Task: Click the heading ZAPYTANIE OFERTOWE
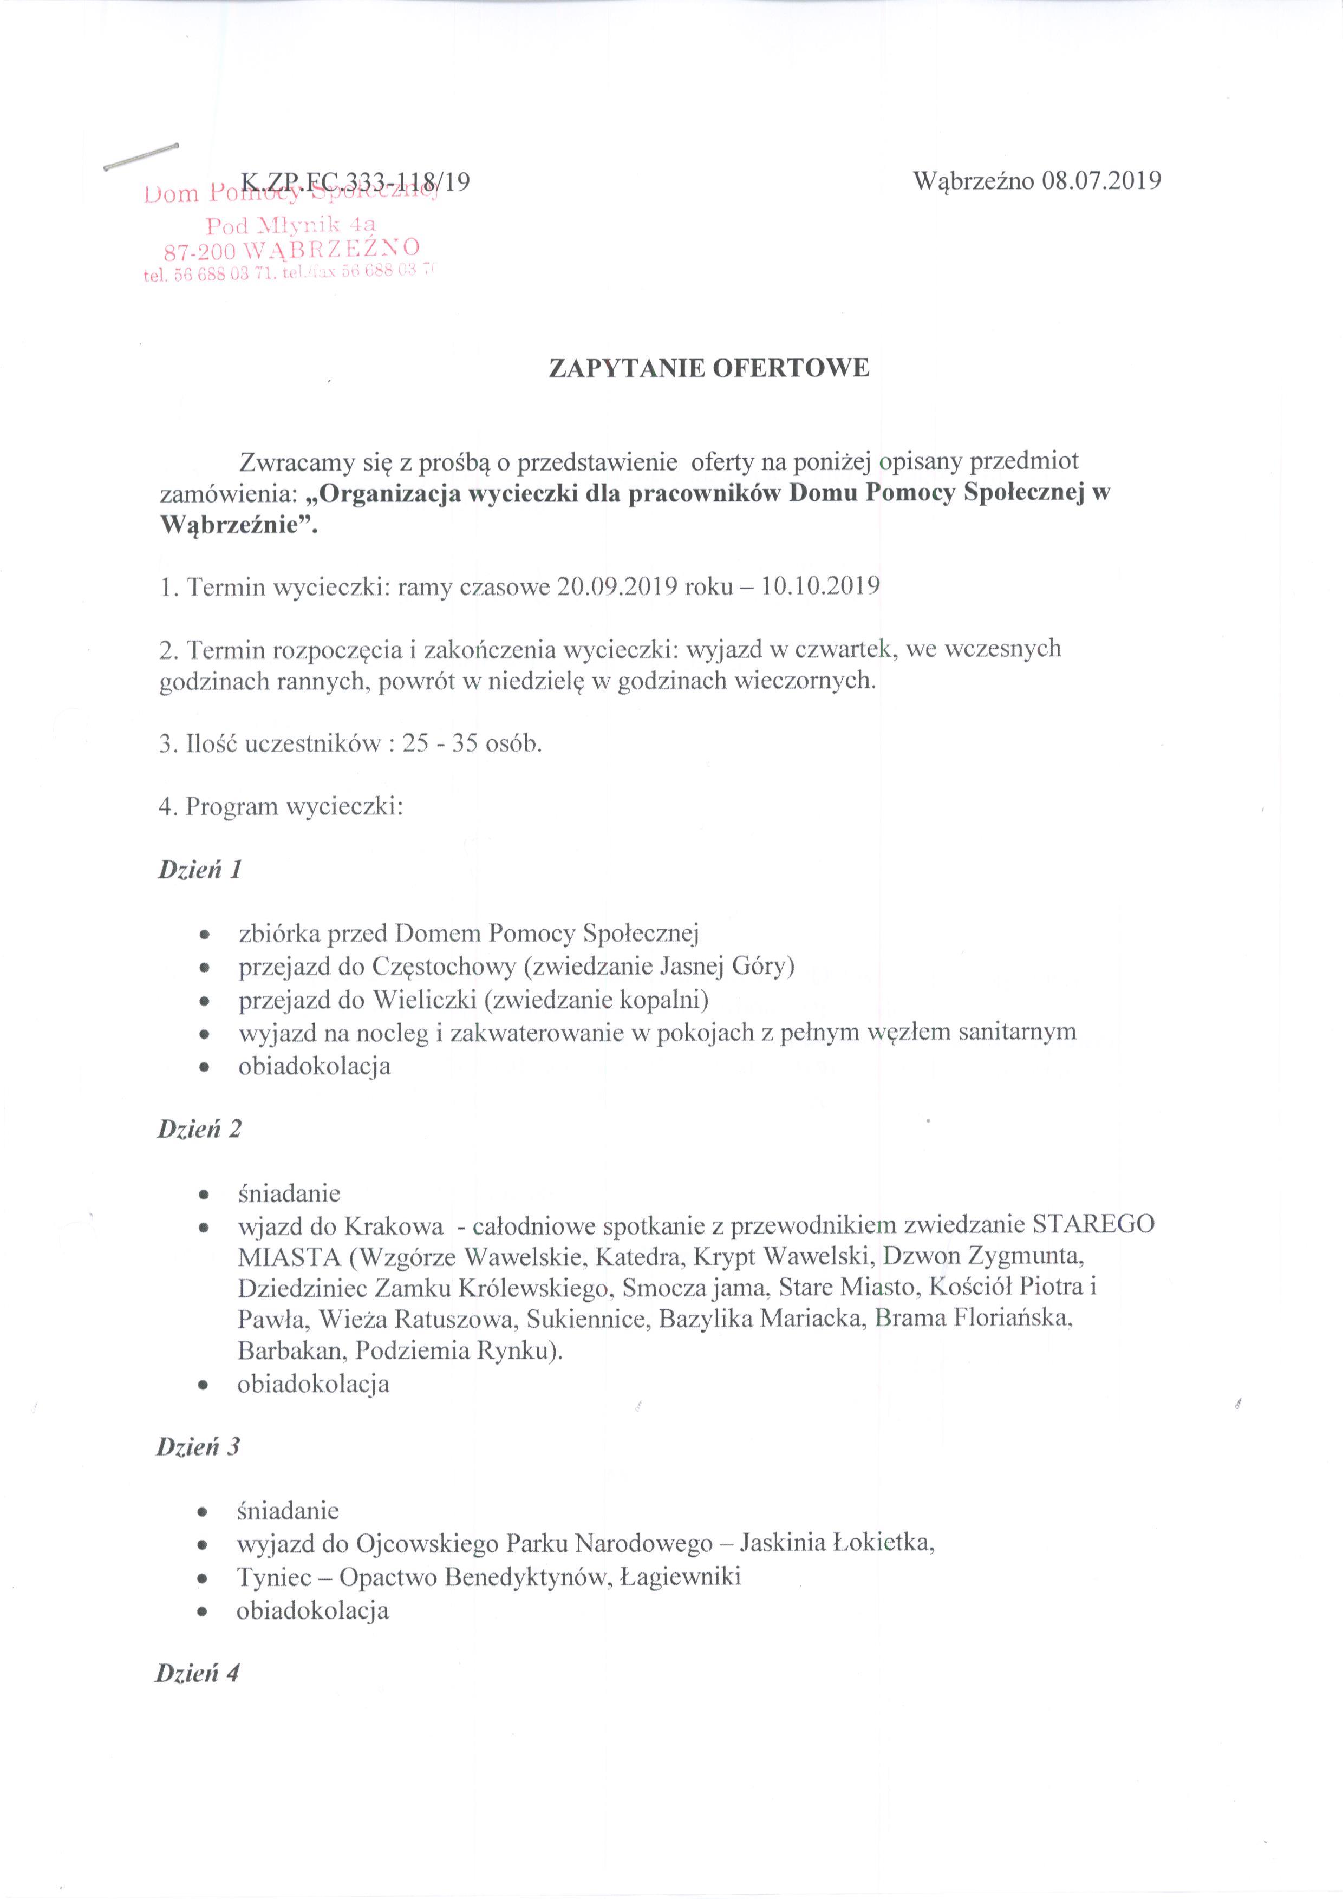pos(709,369)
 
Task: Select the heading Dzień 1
pos(199,870)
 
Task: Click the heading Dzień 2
pos(199,1129)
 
